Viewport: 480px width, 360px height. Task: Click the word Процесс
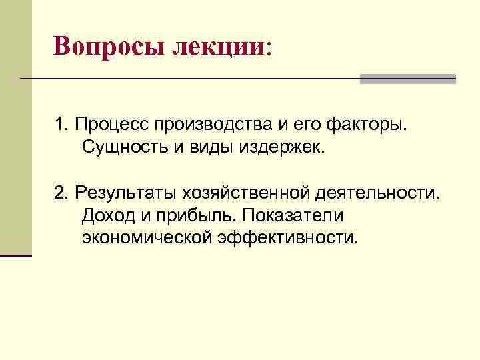(110, 124)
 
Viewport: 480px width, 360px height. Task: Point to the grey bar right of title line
(407, 79)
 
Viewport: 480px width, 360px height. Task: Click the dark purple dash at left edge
(15, 255)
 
